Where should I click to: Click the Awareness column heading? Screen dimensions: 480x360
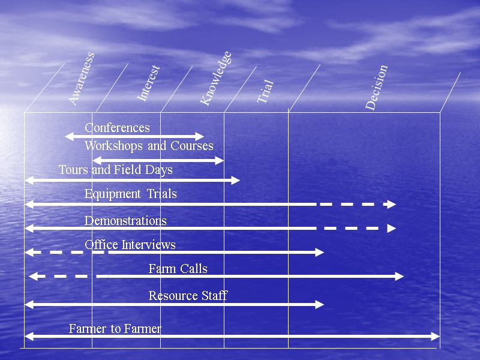pos(81,79)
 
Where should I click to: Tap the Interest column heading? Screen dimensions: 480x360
pos(148,83)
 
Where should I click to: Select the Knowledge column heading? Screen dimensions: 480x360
pos(215,79)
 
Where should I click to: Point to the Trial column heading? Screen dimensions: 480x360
pos(265,92)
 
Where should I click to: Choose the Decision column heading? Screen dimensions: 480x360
pos(377,88)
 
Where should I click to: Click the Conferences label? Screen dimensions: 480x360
pos(117,128)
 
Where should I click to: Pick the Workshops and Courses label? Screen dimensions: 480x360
pos(149,146)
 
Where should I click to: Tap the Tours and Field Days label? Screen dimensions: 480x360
pos(115,170)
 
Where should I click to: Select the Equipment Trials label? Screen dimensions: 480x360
pos(130,194)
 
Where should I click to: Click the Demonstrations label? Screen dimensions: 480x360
pos(125,221)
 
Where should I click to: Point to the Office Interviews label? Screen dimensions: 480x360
pos(130,245)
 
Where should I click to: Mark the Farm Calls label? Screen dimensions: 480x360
pos(178,269)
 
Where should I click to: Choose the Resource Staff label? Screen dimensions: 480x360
pos(188,296)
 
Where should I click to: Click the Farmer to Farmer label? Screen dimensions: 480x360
pos(115,329)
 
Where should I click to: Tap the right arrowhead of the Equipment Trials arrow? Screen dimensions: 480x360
pos(392,205)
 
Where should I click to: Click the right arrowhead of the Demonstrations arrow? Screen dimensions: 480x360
pos(392,229)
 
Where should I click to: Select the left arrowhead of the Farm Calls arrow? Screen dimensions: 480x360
pos(33,277)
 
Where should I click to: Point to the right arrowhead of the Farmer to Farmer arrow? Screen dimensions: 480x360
pos(436,337)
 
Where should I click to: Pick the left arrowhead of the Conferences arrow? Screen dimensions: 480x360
pos(68,137)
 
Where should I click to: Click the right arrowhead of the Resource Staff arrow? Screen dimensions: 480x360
pos(320,305)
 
